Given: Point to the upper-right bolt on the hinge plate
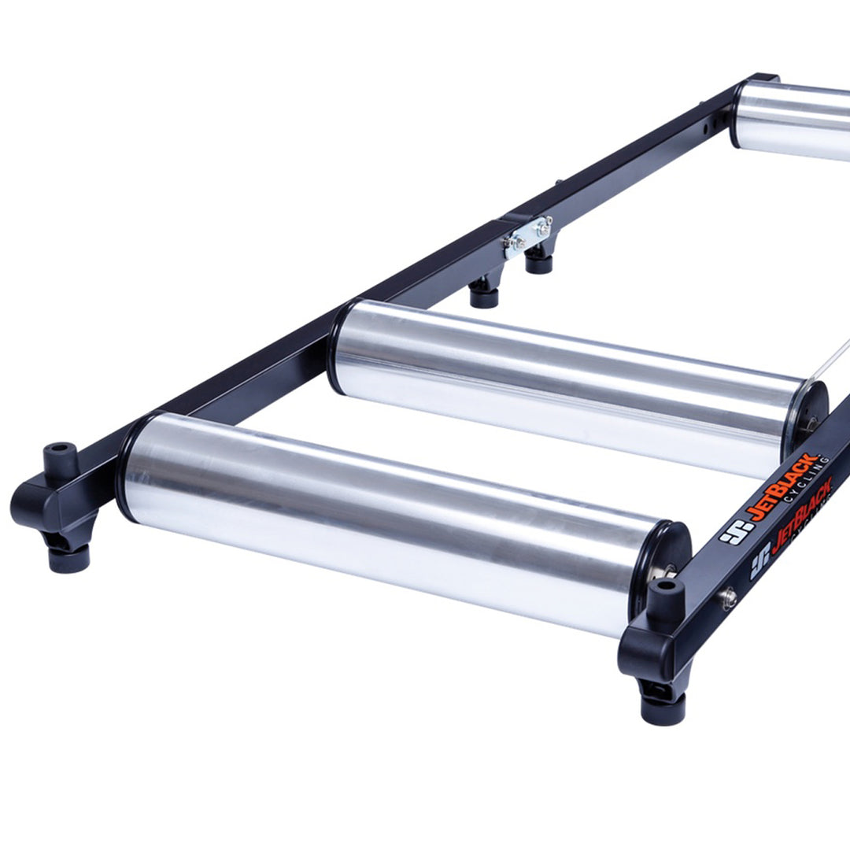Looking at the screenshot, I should tap(544, 224).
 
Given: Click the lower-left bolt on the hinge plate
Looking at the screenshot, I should tap(514, 244).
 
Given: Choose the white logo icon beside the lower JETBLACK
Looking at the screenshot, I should tap(759, 566).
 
